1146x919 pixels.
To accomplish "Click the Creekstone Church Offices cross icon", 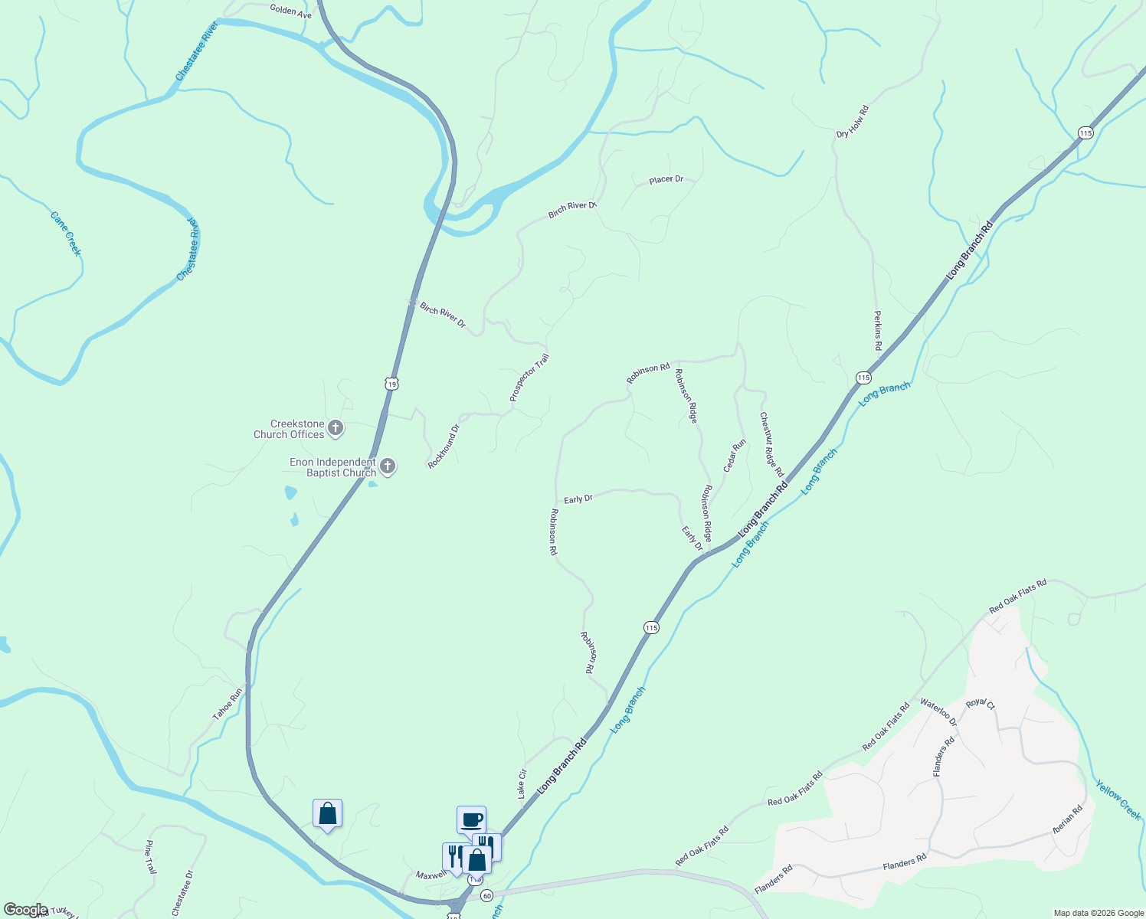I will [335, 429].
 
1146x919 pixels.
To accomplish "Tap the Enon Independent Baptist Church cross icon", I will [388, 466].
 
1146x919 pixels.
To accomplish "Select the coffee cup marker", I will [471, 820].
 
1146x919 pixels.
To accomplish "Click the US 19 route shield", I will [391, 383].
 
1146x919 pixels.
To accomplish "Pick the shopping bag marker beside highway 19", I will [327, 813].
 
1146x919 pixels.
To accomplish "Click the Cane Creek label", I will [66, 234].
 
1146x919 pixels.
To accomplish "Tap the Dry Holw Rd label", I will [853, 123].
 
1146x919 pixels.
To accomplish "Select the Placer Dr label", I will [666, 179].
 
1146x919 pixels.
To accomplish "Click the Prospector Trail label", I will [529, 378].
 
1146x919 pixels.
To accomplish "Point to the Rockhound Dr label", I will [444, 446].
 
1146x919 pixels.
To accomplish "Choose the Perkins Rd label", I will [878, 331].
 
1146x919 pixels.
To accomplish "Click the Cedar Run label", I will [734, 456].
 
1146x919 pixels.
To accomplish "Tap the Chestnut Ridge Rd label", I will [771, 445].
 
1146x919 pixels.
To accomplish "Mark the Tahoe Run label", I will [228, 704].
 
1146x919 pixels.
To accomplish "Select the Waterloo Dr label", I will [938, 712].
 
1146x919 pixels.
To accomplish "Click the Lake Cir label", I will [522, 783].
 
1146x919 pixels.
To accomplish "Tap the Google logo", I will [26, 910].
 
